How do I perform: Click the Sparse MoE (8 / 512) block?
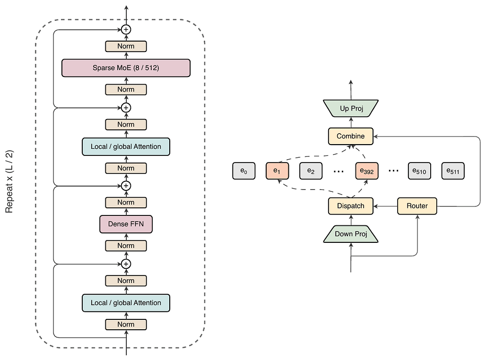coord(126,68)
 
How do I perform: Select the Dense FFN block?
coord(126,224)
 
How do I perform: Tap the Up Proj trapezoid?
coord(351,109)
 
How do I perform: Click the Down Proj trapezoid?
coord(351,234)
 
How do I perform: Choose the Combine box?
coord(350,136)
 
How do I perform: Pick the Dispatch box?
coord(350,206)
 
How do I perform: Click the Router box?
coord(417,206)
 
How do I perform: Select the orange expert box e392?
coord(367,171)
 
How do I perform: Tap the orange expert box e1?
coord(277,171)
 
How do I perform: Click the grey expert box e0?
coord(244,171)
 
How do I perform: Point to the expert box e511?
coord(453,171)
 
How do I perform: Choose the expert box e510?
coord(419,171)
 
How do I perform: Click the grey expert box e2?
coord(311,171)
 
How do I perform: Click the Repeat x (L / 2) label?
coord(9,181)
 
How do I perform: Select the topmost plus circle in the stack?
coord(126,29)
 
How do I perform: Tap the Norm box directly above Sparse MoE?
coord(126,46)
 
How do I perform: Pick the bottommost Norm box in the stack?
coord(126,325)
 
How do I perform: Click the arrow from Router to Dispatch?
coord(385,206)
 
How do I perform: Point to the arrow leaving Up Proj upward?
coord(351,90)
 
